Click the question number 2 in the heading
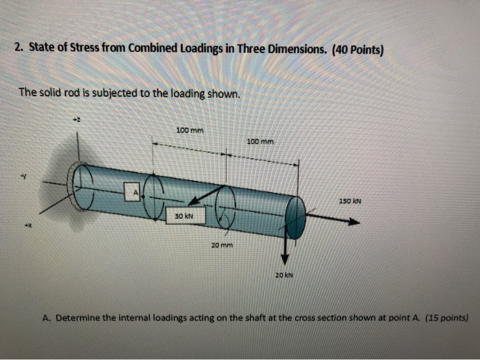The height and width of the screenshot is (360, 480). [x=18, y=49]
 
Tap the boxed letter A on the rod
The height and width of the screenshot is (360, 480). [x=136, y=193]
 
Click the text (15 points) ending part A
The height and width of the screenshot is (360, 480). [x=446, y=318]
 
